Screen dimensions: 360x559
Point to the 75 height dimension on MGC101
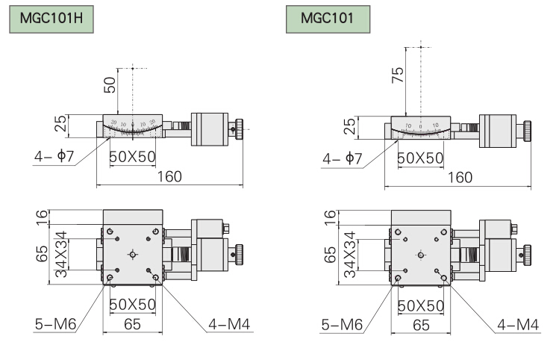pos(398,73)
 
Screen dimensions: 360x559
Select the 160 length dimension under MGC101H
pos(170,176)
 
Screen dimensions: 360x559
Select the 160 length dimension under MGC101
pos(457,176)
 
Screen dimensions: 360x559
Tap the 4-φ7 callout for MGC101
pos(343,158)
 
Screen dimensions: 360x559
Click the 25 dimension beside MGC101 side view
pos(349,126)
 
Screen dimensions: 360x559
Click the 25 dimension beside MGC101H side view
pos(62,125)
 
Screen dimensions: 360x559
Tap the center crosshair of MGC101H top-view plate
pos(133,255)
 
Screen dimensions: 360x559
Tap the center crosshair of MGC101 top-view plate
pos(420,255)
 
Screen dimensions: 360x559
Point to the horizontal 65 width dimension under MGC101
pos(421,325)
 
